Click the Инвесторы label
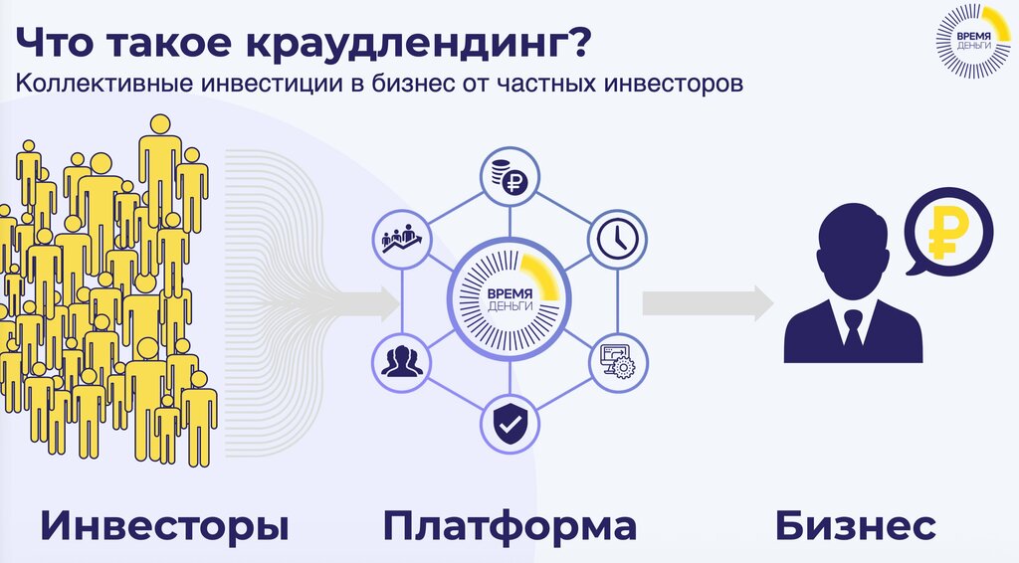[x=158, y=524]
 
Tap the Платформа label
[x=509, y=524]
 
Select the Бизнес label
[x=855, y=524]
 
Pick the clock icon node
[x=616, y=240]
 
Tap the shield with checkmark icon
[x=509, y=425]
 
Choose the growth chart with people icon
[x=402, y=240]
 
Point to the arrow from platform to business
[x=708, y=302]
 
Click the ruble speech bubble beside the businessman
[x=945, y=234]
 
